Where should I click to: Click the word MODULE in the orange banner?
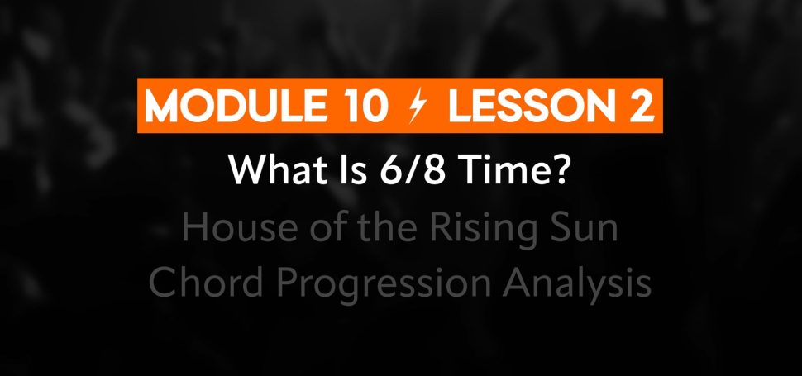236,107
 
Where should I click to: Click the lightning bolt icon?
418,107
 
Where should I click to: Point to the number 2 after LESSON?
642,107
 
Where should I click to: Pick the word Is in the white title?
351,170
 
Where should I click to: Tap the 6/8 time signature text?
413,170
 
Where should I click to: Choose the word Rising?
480,231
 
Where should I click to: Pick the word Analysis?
576,285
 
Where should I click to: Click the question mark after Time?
562,170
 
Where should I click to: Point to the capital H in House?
194,228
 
